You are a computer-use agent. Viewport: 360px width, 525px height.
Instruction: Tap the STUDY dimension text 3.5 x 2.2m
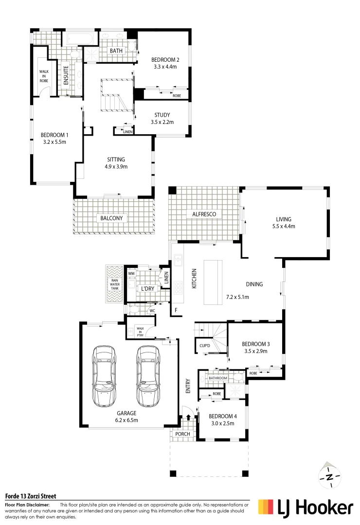(162, 122)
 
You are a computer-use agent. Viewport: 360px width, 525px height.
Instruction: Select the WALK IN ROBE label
(44, 76)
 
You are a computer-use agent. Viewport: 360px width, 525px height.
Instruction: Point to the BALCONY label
(112, 218)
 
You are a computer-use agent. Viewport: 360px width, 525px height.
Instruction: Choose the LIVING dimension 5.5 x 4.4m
(284, 226)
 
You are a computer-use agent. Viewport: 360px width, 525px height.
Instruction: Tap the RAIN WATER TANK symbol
(115, 284)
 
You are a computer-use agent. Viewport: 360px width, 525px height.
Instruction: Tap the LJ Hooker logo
(306, 508)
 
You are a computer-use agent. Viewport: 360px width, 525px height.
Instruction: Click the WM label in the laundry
(131, 274)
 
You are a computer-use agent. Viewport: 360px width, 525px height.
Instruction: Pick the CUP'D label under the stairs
(205, 346)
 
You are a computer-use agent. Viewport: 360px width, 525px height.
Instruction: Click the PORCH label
(182, 434)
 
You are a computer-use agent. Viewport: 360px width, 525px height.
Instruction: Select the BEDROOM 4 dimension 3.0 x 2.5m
(221, 423)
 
